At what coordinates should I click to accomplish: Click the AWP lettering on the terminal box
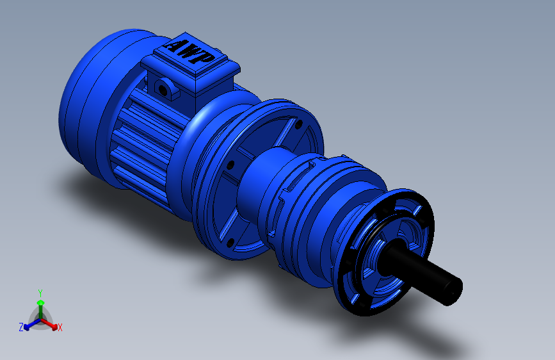[x=190, y=51]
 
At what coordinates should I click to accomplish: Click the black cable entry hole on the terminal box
[x=163, y=90]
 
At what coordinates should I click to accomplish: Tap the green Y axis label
[x=40, y=293]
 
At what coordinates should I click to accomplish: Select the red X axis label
[x=60, y=328]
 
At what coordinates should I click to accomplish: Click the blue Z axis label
[x=21, y=327]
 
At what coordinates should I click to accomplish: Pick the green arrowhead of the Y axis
[x=40, y=302]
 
